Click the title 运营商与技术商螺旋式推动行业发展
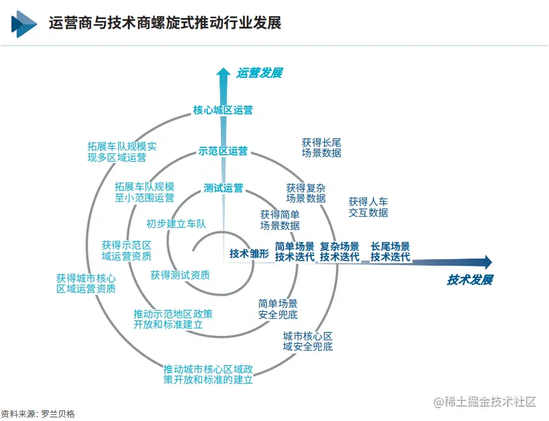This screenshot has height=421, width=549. pyautogui.click(x=165, y=23)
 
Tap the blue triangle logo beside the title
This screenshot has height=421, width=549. pyautogui.click(x=23, y=23)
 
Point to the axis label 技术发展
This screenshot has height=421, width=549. pyautogui.click(x=470, y=280)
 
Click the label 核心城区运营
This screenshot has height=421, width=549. pyautogui.click(x=223, y=110)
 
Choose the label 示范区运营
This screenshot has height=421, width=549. pyautogui.click(x=223, y=151)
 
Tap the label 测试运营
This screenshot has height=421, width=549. pyautogui.click(x=223, y=188)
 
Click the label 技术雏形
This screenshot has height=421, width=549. pyautogui.click(x=249, y=253)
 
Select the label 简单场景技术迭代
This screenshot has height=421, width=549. pyautogui.click(x=294, y=251)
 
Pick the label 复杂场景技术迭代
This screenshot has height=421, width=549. pyautogui.click(x=339, y=251)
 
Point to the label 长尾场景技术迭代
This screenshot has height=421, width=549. pyautogui.click(x=390, y=251)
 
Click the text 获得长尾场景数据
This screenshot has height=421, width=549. pyautogui.click(x=321, y=147)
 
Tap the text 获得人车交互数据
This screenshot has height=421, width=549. pyautogui.click(x=368, y=207)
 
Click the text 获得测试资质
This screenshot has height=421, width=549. pyautogui.click(x=180, y=275)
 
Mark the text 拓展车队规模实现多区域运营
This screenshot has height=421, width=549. pyautogui.click(x=121, y=151)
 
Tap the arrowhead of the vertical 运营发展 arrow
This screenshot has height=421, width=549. pyautogui.click(x=223, y=73)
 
